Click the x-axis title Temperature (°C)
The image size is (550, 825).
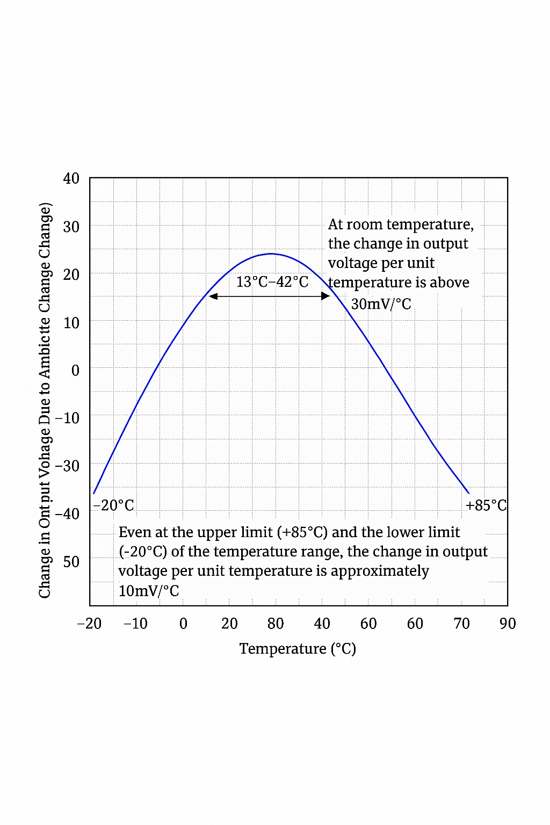tap(298, 649)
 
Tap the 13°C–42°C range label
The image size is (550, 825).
tap(272, 282)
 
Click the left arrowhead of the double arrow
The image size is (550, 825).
tap(213, 296)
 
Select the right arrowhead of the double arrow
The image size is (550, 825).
tap(325, 296)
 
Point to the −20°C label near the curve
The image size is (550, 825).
tap(113, 505)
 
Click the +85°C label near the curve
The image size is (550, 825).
tap(486, 505)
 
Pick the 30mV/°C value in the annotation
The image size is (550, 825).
tap(381, 304)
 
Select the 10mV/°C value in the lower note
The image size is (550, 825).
tap(149, 591)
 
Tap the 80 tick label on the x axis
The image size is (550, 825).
tap(276, 624)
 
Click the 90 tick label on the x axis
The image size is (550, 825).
tap(508, 624)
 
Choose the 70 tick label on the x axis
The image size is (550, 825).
tap(461, 624)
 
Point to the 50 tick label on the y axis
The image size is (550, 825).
tap(71, 562)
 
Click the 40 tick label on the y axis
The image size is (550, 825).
tap(71, 178)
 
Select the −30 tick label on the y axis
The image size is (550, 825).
tap(67, 466)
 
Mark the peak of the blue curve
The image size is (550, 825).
tap(271, 254)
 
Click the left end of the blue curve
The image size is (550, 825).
tap(94, 493)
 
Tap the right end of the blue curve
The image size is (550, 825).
tap(468, 493)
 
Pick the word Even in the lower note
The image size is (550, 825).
tap(135, 532)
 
